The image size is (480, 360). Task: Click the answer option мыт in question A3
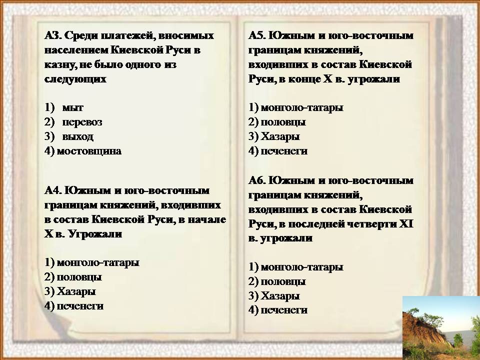click(72, 108)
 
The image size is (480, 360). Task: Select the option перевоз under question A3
click(82, 122)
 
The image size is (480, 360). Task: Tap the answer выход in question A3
click(78, 136)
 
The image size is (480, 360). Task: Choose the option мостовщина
click(89, 151)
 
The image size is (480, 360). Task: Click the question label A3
click(53, 36)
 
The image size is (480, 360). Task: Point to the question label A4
click(53, 190)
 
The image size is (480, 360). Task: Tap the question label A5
click(257, 36)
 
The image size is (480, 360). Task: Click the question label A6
click(257, 180)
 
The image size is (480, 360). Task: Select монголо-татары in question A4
click(98, 262)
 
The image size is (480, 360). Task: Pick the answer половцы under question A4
click(79, 277)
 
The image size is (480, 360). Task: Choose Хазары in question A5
click(280, 136)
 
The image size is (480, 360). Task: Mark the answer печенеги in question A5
click(284, 151)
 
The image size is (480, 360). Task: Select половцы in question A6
click(283, 281)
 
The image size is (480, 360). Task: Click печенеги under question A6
click(284, 310)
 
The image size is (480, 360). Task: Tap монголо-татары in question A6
click(302, 267)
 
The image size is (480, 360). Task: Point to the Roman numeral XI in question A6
click(406, 224)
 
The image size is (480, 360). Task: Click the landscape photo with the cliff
click(441, 328)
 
